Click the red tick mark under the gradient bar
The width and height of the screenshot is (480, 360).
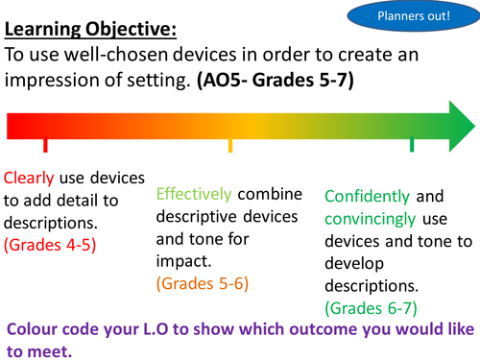(44, 145)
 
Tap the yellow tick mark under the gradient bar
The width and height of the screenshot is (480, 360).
(229, 145)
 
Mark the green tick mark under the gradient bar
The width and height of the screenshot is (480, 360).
(412, 145)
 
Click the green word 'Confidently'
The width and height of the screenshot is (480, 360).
(369, 196)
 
